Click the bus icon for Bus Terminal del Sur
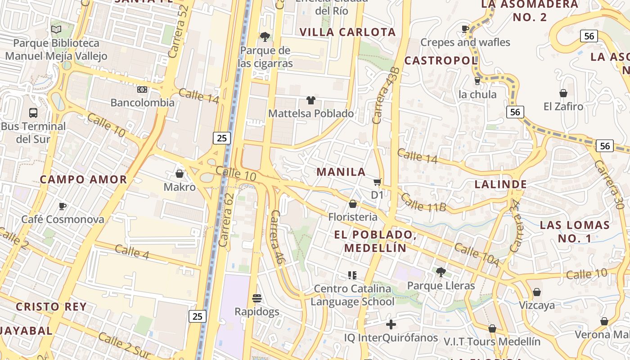33,113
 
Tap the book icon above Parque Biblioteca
56,30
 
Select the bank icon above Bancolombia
142,90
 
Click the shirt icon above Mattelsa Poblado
311,100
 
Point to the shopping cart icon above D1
377,182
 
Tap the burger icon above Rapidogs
257,298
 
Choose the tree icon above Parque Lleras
441,272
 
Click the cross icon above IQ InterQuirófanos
391,324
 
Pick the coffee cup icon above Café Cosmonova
63,206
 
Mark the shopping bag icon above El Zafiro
563,93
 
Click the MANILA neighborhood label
341,172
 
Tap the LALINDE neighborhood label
500,184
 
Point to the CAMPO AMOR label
84,180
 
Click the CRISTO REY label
51,307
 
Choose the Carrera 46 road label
278,236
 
